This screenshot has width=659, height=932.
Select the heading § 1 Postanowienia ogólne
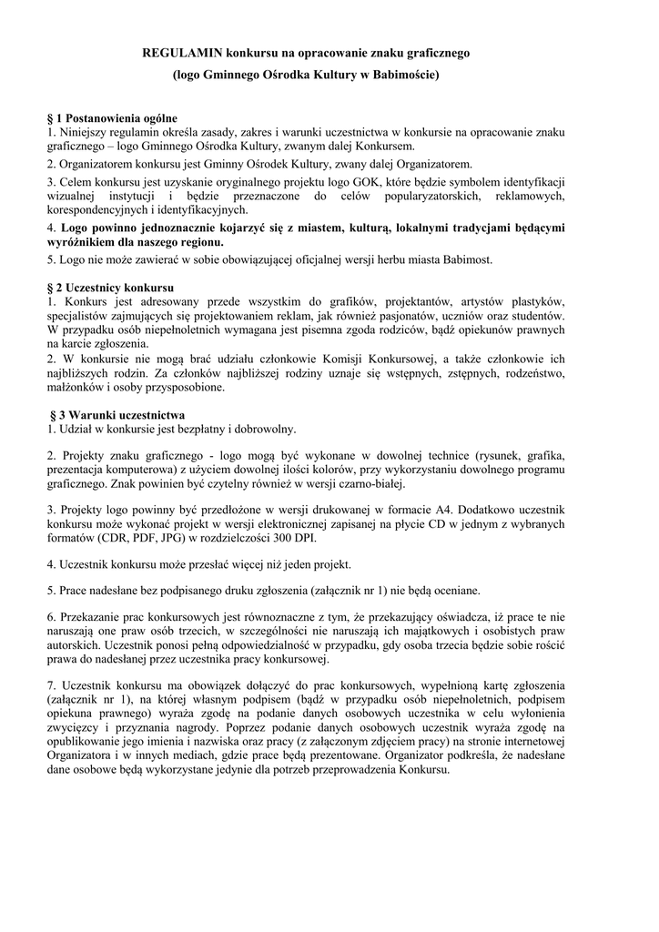pyautogui.click(x=112, y=118)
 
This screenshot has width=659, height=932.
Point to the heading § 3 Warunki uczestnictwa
pyautogui.click(x=117, y=414)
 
